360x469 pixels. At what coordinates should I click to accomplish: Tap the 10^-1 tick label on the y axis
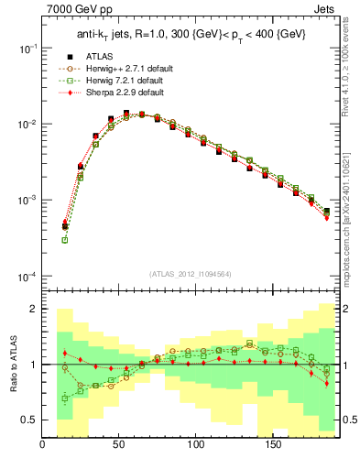27,48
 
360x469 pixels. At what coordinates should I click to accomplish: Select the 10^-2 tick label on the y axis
27,124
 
